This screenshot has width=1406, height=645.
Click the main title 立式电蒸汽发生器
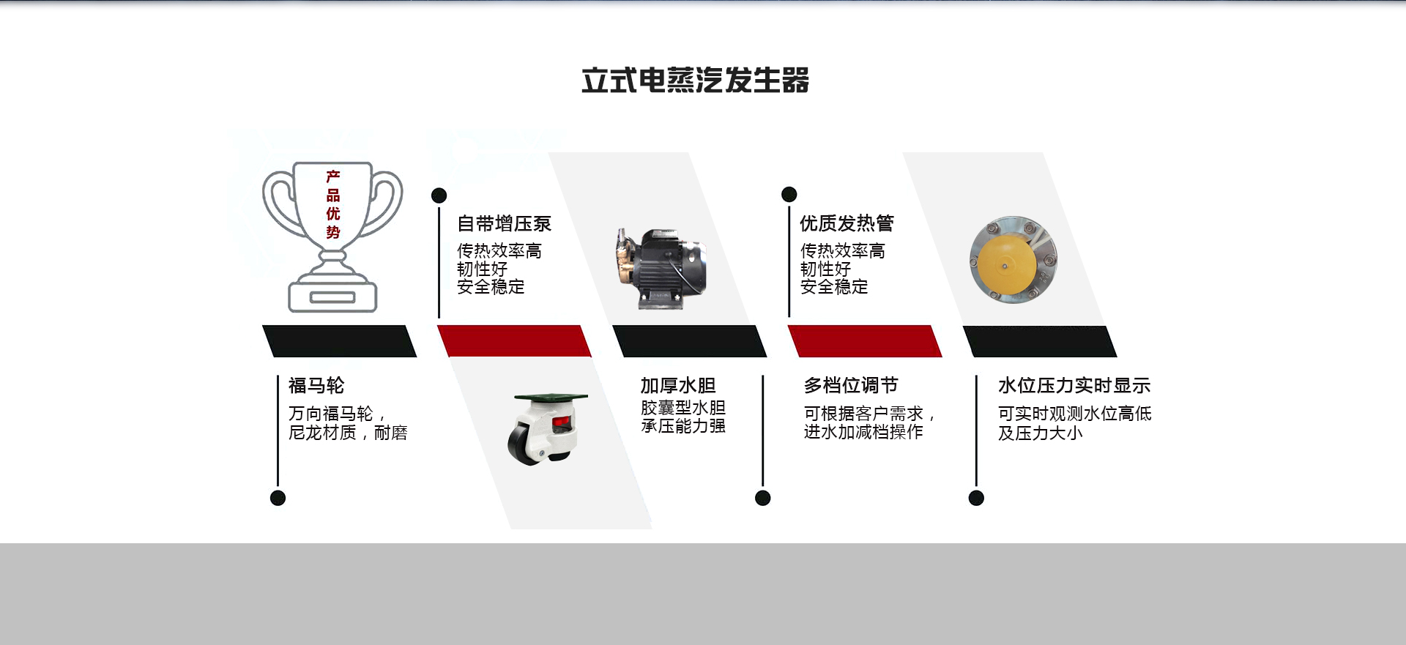tap(695, 81)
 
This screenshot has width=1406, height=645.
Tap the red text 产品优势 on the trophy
tap(333, 204)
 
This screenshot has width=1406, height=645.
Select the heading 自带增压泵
tap(504, 223)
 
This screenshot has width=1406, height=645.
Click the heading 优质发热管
tap(847, 223)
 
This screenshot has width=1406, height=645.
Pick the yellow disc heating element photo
tap(1013, 259)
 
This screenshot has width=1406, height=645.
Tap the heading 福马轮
tap(316, 385)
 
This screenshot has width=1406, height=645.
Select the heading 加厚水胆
tap(678, 385)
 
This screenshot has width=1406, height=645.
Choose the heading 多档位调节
tap(851, 385)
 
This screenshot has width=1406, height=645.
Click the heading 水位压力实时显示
tap(1074, 385)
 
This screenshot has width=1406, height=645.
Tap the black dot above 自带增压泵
tap(439, 195)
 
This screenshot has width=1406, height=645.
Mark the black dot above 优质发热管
tap(789, 194)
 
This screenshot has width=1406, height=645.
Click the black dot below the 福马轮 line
tap(278, 498)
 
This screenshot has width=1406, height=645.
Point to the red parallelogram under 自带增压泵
tap(514, 341)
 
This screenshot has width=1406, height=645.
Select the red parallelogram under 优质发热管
tap(865, 341)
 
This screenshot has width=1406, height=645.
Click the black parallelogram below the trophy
tap(339, 341)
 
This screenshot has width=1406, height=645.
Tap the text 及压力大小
tap(1040, 433)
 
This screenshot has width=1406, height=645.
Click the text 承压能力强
tap(683, 426)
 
